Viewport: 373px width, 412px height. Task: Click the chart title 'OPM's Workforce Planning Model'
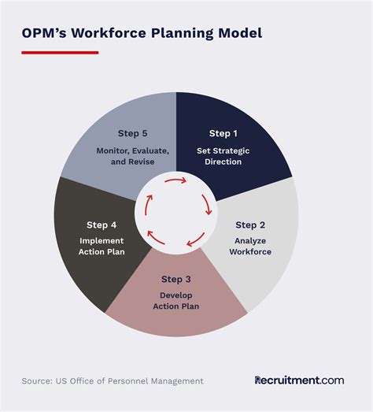pos(142,33)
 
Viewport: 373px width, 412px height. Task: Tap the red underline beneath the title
pos(60,53)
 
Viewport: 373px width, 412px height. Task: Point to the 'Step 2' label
pos(250,225)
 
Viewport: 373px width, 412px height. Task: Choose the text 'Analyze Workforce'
pos(250,246)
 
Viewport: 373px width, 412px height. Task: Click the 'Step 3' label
pos(176,279)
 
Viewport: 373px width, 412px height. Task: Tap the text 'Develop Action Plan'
pos(176,300)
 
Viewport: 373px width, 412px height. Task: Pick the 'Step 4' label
pos(101,225)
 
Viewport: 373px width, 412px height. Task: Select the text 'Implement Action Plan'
pos(101,246)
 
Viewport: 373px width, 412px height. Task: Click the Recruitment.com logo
pos(299,380)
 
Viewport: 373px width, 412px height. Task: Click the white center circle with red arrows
pos(176,208)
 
